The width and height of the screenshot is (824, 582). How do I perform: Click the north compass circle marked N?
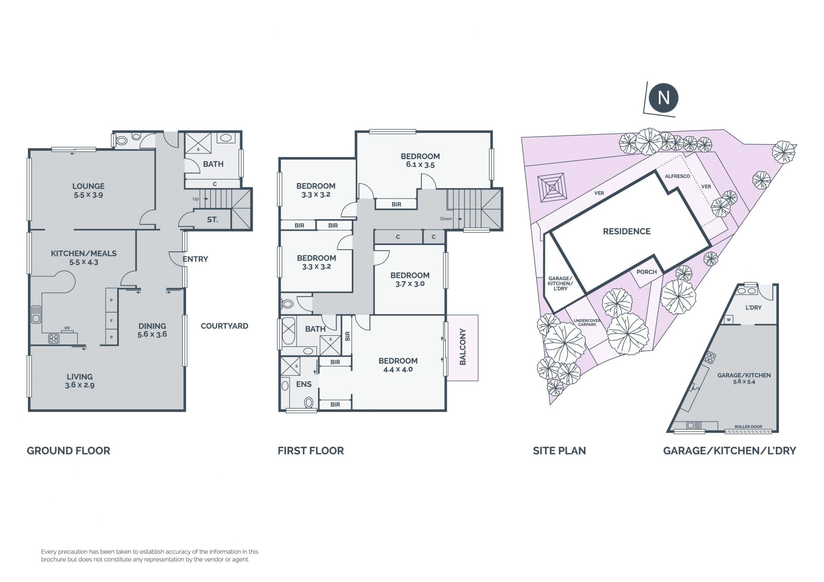click(663, 98)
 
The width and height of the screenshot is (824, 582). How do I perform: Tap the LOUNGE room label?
click(88, 186)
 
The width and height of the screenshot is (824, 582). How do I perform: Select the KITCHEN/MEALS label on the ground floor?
click(84, 253)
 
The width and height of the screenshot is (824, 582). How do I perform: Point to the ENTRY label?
click(195, 259)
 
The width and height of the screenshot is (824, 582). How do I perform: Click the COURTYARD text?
click(224, 326)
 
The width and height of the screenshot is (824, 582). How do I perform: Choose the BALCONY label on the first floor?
click(463, 347)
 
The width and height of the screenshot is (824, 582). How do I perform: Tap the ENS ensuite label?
click(304, 384)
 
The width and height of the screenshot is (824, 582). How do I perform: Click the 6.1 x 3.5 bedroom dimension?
click(420, 165)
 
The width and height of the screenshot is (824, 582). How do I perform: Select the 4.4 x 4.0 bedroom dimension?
click(398, 369)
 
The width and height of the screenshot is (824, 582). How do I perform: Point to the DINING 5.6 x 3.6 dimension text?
click(152, 334)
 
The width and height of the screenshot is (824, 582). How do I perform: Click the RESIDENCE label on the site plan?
click(627, 232)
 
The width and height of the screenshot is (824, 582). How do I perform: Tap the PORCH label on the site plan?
click(647, 272)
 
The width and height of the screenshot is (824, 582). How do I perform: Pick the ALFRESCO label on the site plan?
click(677, 176)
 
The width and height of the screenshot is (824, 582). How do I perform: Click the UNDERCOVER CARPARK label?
click(587, 323)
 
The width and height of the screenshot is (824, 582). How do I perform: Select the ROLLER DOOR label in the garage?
click(748, 427)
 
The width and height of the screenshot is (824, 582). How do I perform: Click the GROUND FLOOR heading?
click(69, 451)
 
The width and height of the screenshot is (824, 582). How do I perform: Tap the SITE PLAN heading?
click(559, 451)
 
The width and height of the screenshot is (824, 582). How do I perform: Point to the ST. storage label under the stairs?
click(212, 220)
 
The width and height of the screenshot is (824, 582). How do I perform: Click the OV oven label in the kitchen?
click(67, 328)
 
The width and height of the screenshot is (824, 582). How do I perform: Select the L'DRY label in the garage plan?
click(754, 308)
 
